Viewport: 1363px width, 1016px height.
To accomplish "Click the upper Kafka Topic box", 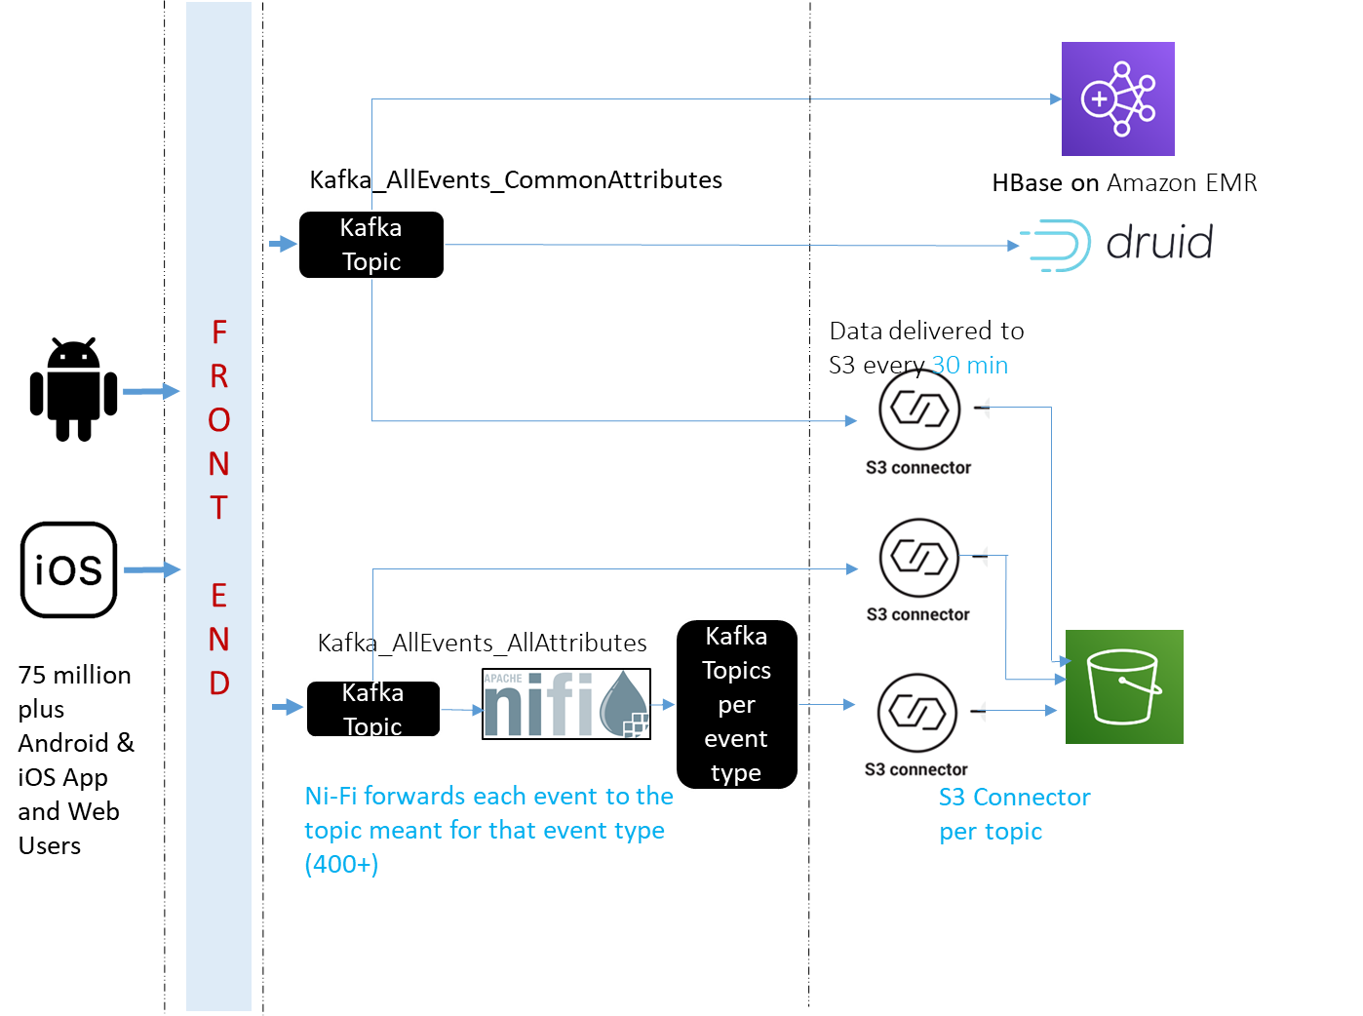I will (x=370, y=245).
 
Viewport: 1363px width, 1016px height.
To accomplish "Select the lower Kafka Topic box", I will (x=372, y=709).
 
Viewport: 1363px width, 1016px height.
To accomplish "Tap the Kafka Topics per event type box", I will (x=736, y=704).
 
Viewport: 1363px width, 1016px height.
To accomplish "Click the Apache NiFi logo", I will (x=565, y=704).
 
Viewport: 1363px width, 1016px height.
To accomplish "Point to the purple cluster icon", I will (x=1117, y=98).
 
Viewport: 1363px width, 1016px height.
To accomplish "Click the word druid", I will (x=1159, y=243).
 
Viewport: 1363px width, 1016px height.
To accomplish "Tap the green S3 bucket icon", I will (x=1123, y=686).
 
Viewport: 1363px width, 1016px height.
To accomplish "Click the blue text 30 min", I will (x=969, y=366).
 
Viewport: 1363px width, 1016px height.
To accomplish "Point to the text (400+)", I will (x=341, y=864).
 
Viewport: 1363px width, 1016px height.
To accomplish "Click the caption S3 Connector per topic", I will (x=1013, y=814).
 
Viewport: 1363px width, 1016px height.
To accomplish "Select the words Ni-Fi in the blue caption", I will (x=331, y=797).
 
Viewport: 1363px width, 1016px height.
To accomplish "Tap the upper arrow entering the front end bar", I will (x=151, y=391).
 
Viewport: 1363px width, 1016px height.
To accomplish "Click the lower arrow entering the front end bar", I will (x=152, y=569).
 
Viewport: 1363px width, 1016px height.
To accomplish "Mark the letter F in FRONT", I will (x=219, y=332).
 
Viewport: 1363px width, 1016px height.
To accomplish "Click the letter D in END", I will (x=219, y=683).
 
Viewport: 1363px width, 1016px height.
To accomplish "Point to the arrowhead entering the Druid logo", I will (x=1014, y=246).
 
